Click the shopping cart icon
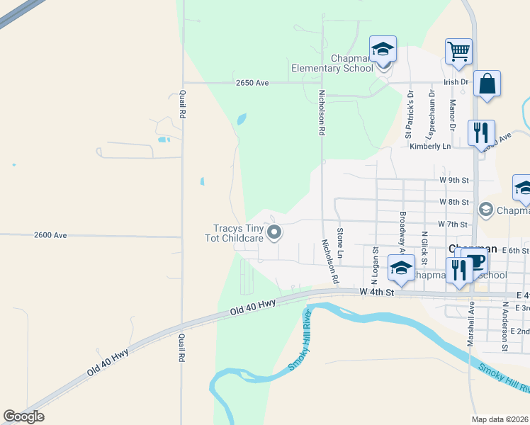coord(458,51)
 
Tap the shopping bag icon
coord(487,84)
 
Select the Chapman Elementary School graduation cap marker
coord(383,50)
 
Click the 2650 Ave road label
coord(253,83)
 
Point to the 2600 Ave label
coord(50,235)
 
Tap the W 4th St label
coord(376,291)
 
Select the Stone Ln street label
coord(341,242)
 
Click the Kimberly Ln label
coord(430,147)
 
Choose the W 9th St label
coord(454,181)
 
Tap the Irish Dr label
coord(456,82)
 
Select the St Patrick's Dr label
coord(409,113)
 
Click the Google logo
coord(23,416)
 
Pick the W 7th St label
coord(453,224)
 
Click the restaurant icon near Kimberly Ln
coord(481,132)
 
